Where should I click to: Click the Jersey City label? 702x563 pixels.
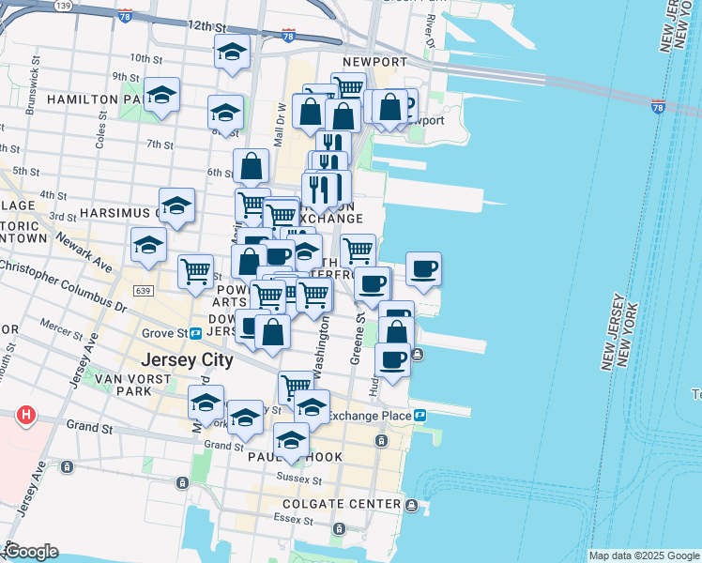[186, 360]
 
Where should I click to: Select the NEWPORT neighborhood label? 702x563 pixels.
[381, 62]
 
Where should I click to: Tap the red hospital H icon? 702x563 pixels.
[26, 414]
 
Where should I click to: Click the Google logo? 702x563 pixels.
[31, 552]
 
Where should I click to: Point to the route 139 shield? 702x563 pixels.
[63, 6]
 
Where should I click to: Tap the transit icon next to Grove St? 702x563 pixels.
[196, 333]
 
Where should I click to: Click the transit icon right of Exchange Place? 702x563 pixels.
[421, 415]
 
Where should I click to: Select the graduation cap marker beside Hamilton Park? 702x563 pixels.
[162, 95]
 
